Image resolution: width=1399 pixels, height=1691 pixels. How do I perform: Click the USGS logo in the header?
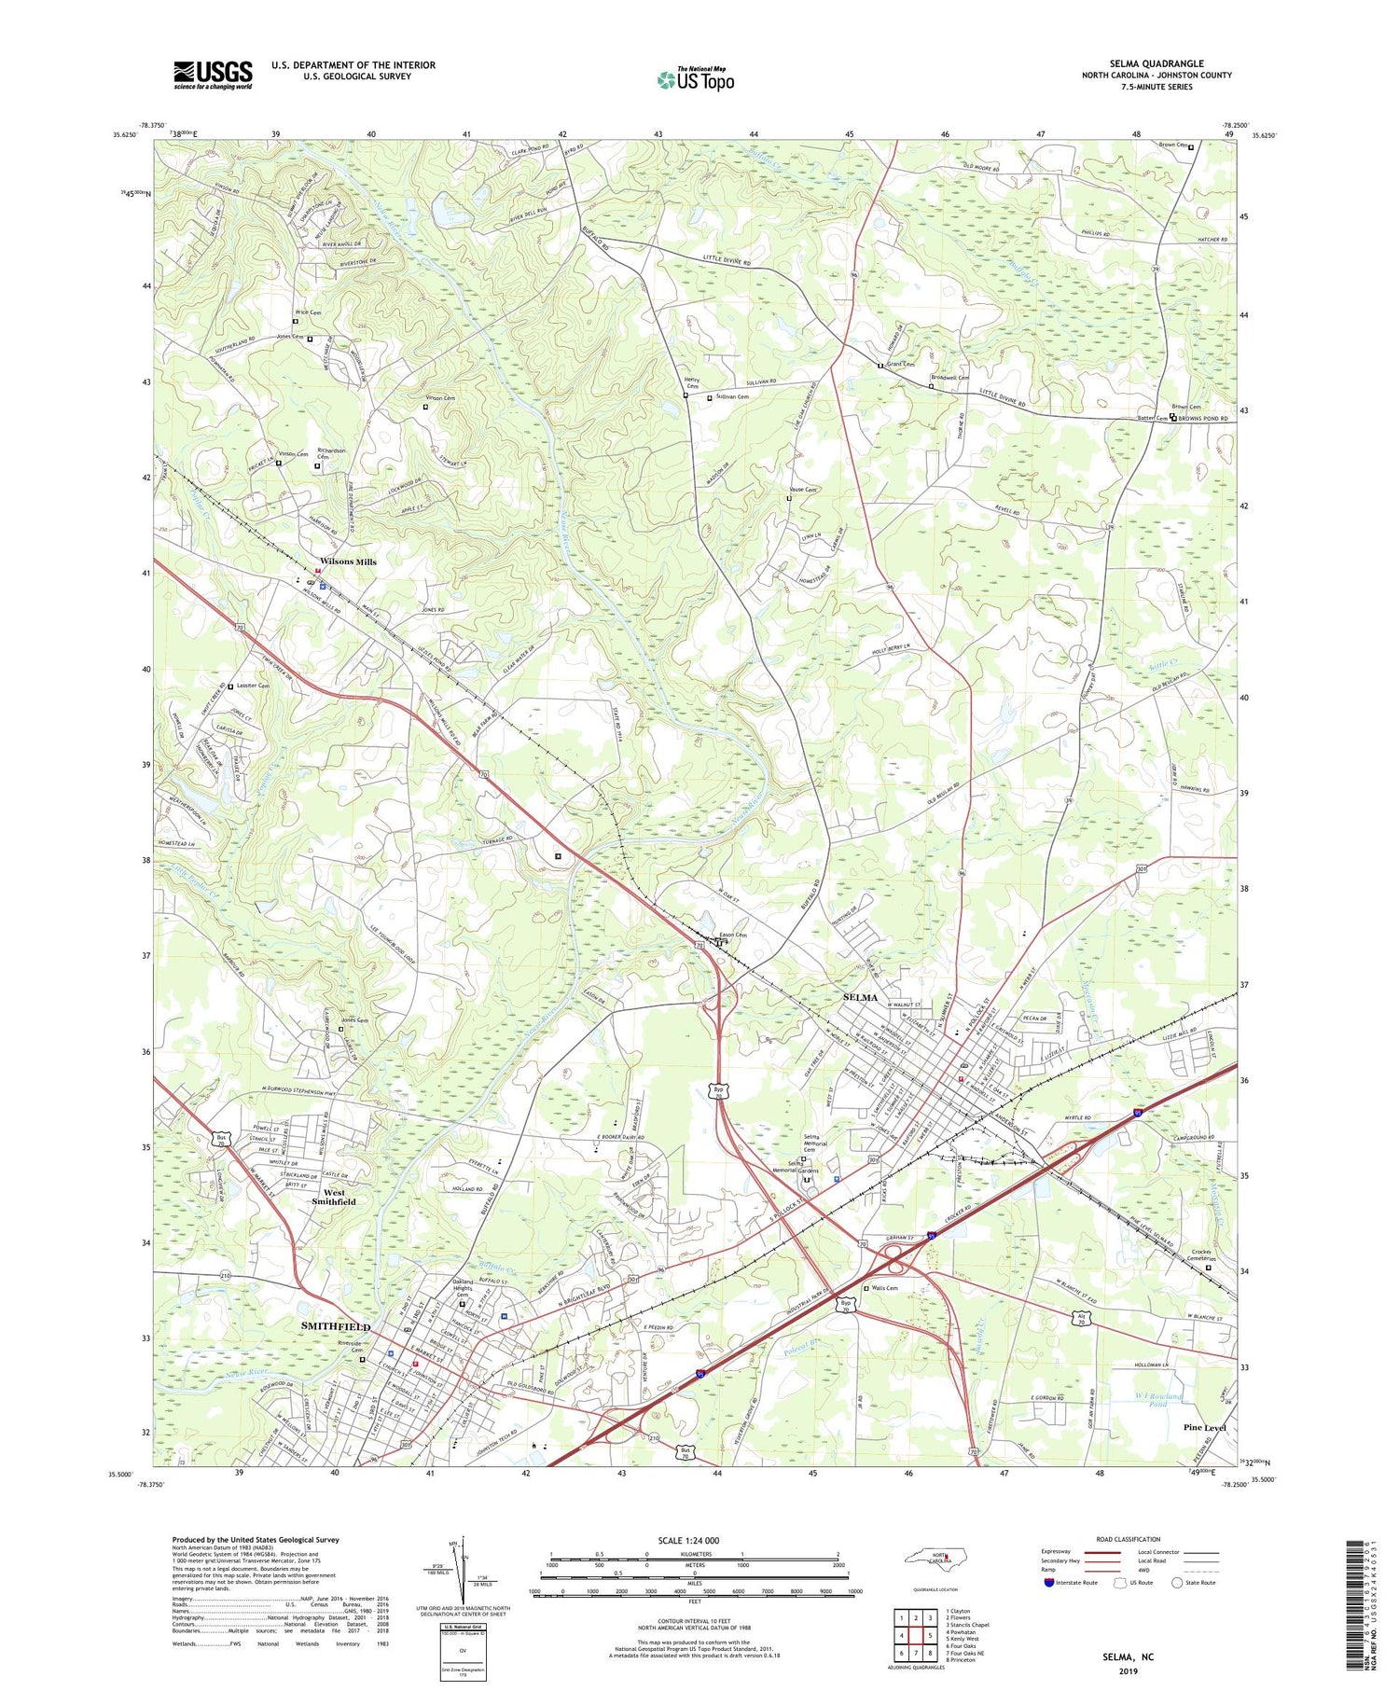point(213,75)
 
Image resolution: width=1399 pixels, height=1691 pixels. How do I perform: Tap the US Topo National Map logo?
point(695,80)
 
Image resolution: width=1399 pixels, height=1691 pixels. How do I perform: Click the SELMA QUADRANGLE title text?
point(1156,63)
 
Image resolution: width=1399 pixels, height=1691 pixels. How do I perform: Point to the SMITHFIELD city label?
point(334,1326)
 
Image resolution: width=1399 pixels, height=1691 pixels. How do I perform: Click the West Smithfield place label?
point(333,1197)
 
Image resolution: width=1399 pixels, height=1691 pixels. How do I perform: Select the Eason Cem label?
point(732,935)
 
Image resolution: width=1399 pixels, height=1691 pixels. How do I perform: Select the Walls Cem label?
point(885,1288)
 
